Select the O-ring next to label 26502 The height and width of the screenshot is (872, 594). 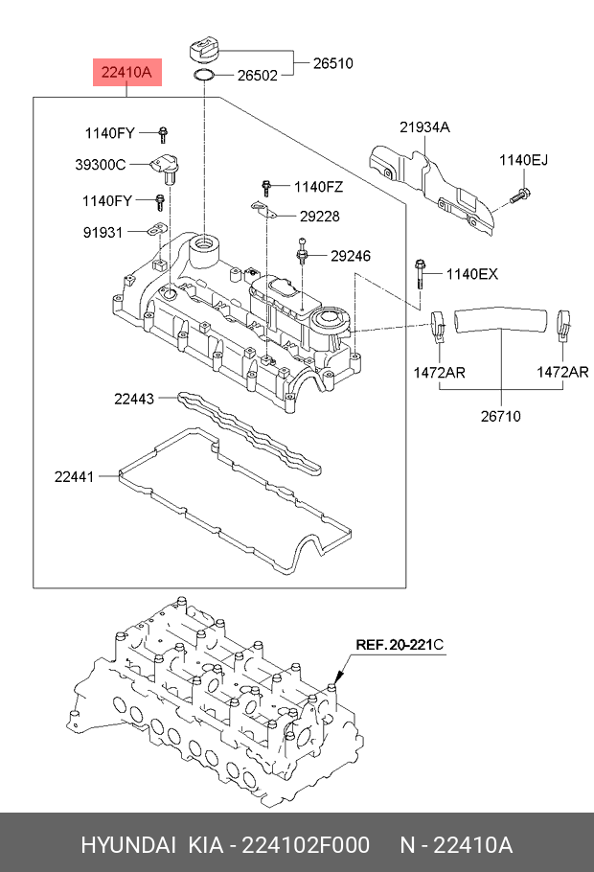(x=205, y=75)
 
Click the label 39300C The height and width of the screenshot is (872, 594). (x=101, y=164)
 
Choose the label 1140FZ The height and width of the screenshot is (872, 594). (x=318, y=187)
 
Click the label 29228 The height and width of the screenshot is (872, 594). (x=319, y=217)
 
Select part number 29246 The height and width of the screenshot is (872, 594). (x=350, y=256)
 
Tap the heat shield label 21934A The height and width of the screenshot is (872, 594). (x=424, y=127)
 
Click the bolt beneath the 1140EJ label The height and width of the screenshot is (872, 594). (x=519, y=196)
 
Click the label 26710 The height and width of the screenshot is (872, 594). (x=501, y=417)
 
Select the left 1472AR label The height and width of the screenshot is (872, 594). (x=439, y=372)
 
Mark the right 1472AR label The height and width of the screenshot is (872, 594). (x=562, y=372)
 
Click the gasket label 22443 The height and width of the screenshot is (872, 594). (x=133, y=399)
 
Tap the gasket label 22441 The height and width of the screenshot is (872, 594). (x=74, y=475)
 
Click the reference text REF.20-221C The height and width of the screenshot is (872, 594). (x=400, y=645)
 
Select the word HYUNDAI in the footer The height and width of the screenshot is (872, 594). (x=127, y=845)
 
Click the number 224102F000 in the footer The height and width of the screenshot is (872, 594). (x=308, y=845)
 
